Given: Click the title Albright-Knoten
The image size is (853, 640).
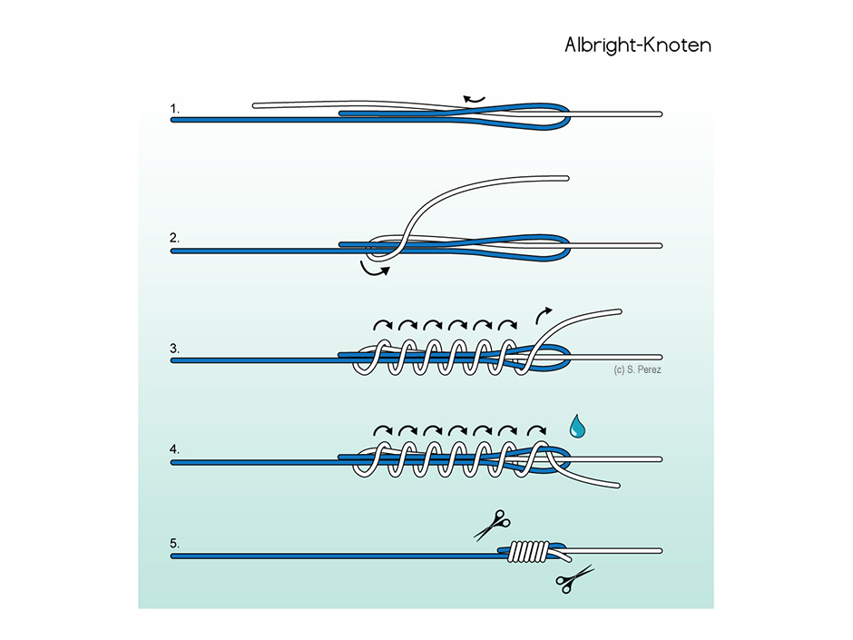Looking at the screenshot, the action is [x=638, y=44].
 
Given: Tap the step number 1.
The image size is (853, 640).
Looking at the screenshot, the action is [x=174, y=109].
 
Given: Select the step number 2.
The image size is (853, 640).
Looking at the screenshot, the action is [x=174, y=238].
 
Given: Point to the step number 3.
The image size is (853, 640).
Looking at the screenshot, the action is [x=174, y=349].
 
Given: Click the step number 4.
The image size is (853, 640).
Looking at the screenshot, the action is [x=174, y=449].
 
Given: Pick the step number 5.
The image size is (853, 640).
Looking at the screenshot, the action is [x=174, y=543].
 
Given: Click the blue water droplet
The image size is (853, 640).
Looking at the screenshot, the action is [x=577, y=428].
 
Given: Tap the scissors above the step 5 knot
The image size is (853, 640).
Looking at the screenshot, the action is [x=493, y=526].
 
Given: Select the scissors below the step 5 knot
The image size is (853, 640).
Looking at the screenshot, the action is [x=574, y=579].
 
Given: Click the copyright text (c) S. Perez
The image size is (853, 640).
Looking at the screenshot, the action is [x=638, y=370].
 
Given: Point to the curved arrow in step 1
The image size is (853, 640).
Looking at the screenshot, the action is [x=474, y=99].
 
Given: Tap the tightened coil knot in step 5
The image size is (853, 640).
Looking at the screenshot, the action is [x=529, y=551].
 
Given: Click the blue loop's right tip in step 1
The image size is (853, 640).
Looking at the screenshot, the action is [x=568, y=116].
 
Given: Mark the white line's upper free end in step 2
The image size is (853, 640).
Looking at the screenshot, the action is [x=567, y=178].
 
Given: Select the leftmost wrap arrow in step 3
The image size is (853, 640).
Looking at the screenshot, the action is [x=383, y=325].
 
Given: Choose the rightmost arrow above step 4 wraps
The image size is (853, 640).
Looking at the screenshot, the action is [x=537, y=430].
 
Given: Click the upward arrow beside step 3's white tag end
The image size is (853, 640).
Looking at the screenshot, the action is [x=542, y=314].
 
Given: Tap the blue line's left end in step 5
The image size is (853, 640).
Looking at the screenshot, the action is [x=173, y=556].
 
